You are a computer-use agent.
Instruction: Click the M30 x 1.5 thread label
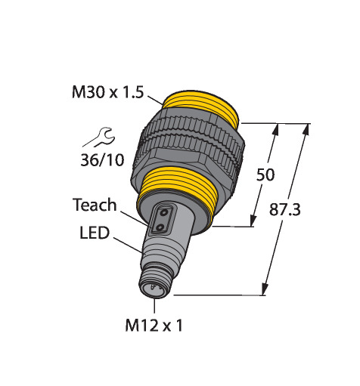(x=107, y=92)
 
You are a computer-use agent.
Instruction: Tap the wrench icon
(x=101, y=137)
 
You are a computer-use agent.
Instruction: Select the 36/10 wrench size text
(x=102, y=160)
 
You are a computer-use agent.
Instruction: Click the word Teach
(x=95, y=205)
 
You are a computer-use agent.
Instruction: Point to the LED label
(x=95, y=233)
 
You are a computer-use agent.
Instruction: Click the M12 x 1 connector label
(x=154, y=326)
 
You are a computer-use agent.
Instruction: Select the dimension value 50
(x=265, y=174)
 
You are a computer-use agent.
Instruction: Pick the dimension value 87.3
(x=285, y=210)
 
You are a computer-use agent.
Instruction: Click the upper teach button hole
(x=164, y=213)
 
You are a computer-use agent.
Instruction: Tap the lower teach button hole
(x=160, y=228)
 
